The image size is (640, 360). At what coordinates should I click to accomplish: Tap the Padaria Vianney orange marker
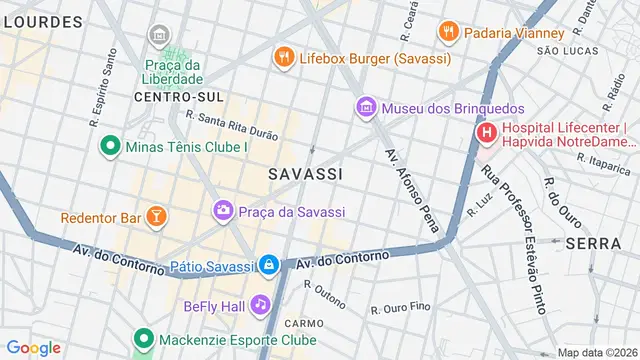[x=448, y=31]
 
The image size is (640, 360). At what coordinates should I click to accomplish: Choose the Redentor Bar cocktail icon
[x=155, y=216]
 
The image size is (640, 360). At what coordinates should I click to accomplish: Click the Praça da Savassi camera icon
[x=222, y=211]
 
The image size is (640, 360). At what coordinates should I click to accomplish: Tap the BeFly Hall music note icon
[x=260, y=303]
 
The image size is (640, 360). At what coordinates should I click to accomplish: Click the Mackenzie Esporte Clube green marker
[x=143, y=339]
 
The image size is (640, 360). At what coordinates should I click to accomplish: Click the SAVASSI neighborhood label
[x=306, y=174]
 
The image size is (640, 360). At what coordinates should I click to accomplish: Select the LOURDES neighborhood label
[x=41, y=21]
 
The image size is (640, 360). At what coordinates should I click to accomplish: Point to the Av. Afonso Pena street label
[x=412, y=190]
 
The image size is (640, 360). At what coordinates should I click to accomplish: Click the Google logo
[x=33, y=347]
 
